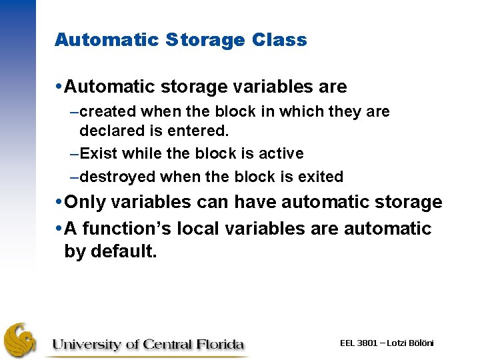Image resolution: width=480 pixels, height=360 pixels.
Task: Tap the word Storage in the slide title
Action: [x=204, y=40]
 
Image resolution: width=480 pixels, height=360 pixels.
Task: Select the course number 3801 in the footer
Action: [x=368, y=343]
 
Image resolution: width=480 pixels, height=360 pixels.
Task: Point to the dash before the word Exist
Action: [x=74, y=154]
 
